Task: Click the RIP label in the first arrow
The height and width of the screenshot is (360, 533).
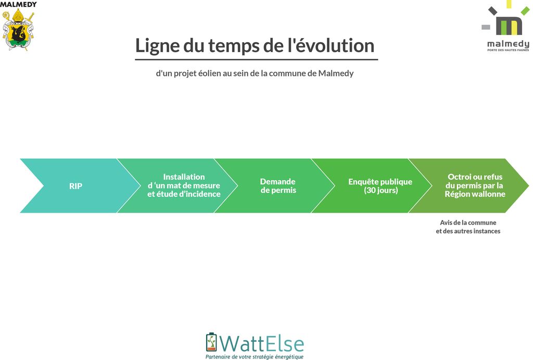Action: [75, 186]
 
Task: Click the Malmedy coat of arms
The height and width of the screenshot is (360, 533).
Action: [18, 30]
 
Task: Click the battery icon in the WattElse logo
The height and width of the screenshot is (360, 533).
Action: [211, 342]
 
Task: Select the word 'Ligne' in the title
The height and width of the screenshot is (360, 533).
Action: [157, 46]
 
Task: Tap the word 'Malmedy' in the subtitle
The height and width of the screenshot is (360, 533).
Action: [336, 73]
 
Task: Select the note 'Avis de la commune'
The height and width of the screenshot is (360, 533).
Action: [468, 222]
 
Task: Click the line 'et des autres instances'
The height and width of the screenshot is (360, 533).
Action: [468, 231]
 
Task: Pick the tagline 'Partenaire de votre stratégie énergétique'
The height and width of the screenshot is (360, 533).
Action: [254, 356]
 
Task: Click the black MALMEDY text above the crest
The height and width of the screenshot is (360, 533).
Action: [18, 4]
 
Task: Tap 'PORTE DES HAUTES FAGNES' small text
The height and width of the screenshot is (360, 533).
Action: [508, 50]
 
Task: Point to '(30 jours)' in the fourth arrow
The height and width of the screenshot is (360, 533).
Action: [380, 190]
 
